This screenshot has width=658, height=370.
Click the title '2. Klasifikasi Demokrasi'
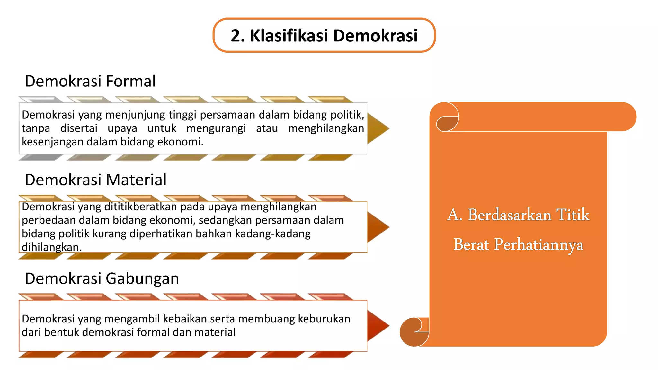click(324, 35)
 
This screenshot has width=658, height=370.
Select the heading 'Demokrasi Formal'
click(90, 81)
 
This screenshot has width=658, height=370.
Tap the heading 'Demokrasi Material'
click(96, 180)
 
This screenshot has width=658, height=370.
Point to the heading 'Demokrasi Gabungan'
click(102, 278)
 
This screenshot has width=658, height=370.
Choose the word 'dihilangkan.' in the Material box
click(52, 247)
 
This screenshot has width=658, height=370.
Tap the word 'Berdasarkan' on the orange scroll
click(509, 215)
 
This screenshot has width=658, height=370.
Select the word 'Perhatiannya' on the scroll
click(538, 245)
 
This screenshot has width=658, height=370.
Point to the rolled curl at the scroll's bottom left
click(414, 332)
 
